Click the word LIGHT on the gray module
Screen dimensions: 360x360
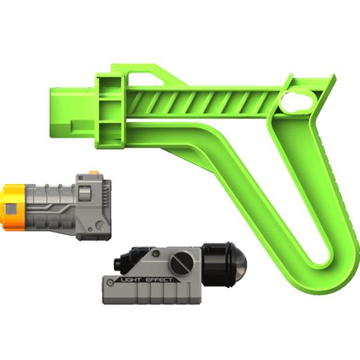(x=131, y=280)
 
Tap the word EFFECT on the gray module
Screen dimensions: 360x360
(x=159, y=280)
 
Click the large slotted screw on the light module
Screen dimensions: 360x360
(x=181, y=263)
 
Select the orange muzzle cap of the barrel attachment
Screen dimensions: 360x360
(x=12, y=207)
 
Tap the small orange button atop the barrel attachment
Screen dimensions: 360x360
(x=94, y=172)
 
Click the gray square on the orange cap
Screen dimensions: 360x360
(x=11, y=209)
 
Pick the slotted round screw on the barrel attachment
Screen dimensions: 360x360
(x=100, y=225)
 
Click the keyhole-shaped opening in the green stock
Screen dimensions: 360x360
(x=298, y=102)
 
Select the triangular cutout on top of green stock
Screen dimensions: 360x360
(x=145, y=78)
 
